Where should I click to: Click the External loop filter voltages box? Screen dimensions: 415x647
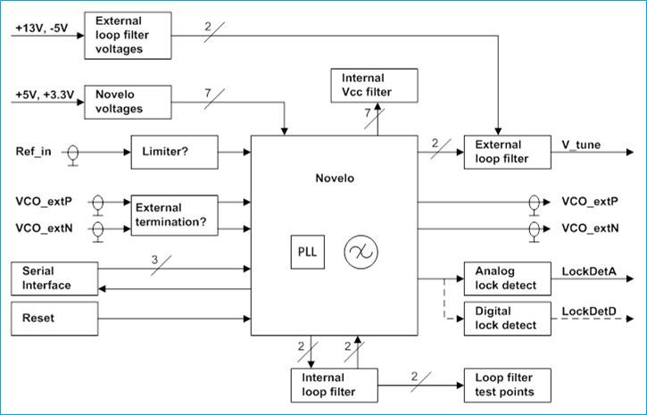tap(127, 35)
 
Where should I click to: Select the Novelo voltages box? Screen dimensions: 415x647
tap(127, 103)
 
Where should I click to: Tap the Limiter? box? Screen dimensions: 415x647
tap(174, 153)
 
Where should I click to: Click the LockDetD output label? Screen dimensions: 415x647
tap(590, 310)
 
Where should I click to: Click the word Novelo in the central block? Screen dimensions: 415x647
tap(334, 178)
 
